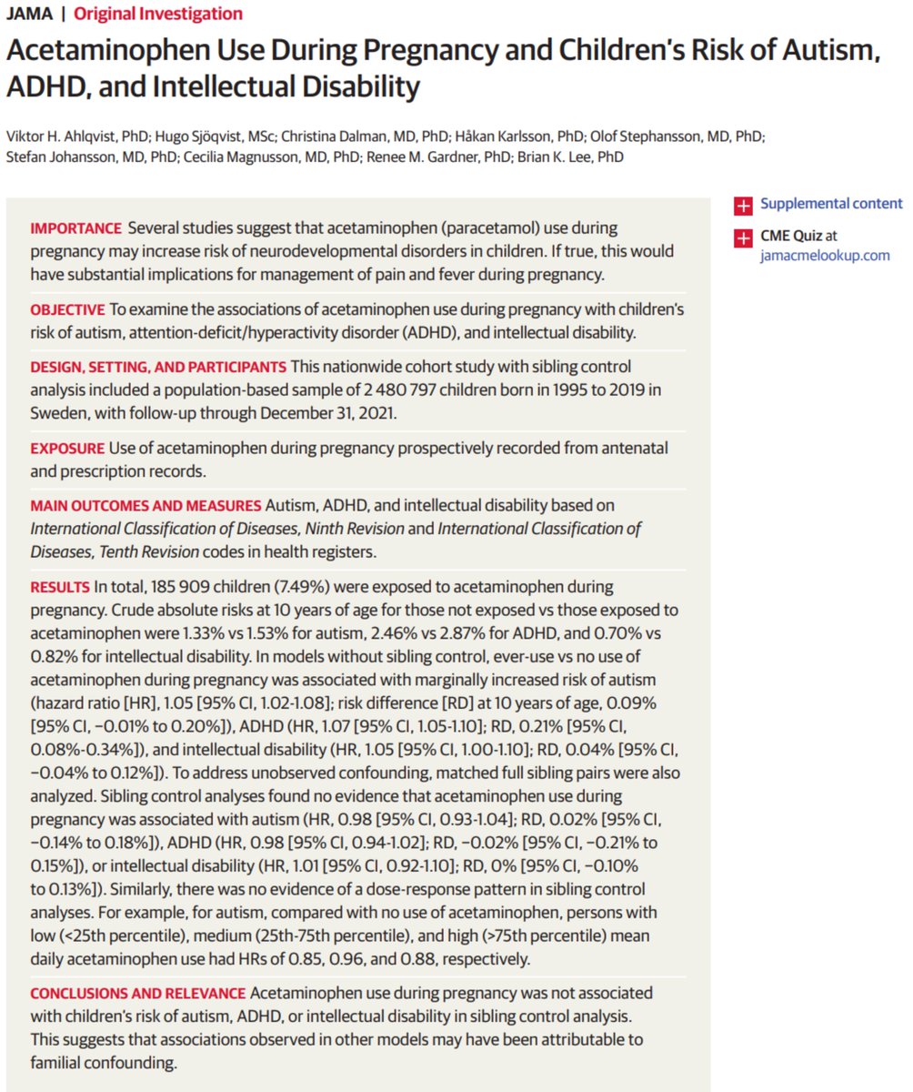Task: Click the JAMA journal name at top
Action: (x=27, y=14)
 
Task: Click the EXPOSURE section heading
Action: (x=67, y=449)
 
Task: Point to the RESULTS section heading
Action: (x=60, y=587)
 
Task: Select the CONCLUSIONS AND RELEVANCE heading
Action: (x=136, y=992)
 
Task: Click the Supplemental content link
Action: (x=831, y=204)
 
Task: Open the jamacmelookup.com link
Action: (x=825, y=255)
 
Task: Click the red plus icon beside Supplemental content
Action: (x=744, y=204)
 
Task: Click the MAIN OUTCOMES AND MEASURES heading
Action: (x=145, y=504)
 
